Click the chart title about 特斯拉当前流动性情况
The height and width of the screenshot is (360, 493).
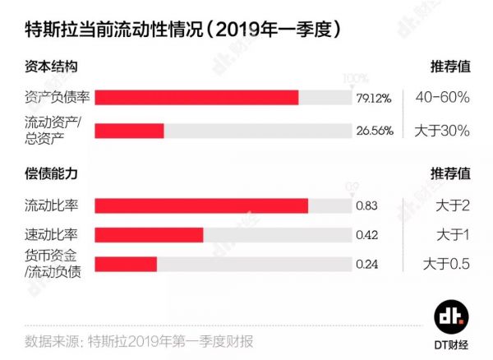177,30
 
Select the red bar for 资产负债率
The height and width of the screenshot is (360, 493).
196,98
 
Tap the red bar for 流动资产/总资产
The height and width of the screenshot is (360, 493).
129,131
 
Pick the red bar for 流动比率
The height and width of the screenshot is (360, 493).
201,205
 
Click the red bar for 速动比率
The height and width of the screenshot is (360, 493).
149,235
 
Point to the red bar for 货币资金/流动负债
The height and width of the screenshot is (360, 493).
126,265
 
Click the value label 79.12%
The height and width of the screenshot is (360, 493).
374,98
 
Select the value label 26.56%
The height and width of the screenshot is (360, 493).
374,131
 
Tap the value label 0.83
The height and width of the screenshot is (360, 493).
366,205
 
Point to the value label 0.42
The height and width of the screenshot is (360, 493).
366,235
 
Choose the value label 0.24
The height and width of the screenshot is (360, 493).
366,265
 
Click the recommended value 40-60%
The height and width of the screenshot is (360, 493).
442,97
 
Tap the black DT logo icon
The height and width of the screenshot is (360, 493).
450,316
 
